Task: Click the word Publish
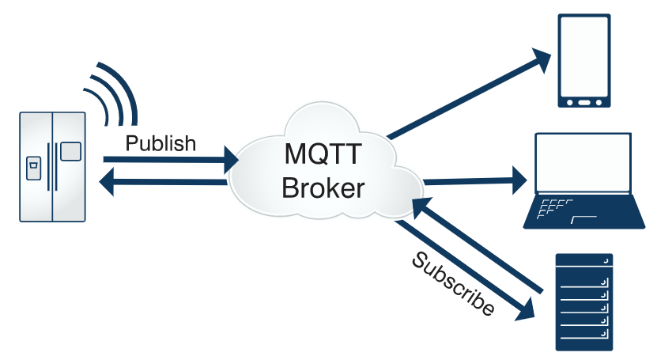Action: click(160, 143)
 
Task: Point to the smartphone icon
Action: click(584, 60)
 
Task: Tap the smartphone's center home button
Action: click(584, 102)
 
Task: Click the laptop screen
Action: click(583, 162)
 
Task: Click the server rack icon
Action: click(584, 301)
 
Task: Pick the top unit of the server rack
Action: click(584, 262)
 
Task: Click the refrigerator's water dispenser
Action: click(34, 169)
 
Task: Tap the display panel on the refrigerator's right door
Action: click(70, 150)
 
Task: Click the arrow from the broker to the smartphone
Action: click(466, 95)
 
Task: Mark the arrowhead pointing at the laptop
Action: click(519, 180)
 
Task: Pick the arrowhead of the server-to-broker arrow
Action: click(417, 207)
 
